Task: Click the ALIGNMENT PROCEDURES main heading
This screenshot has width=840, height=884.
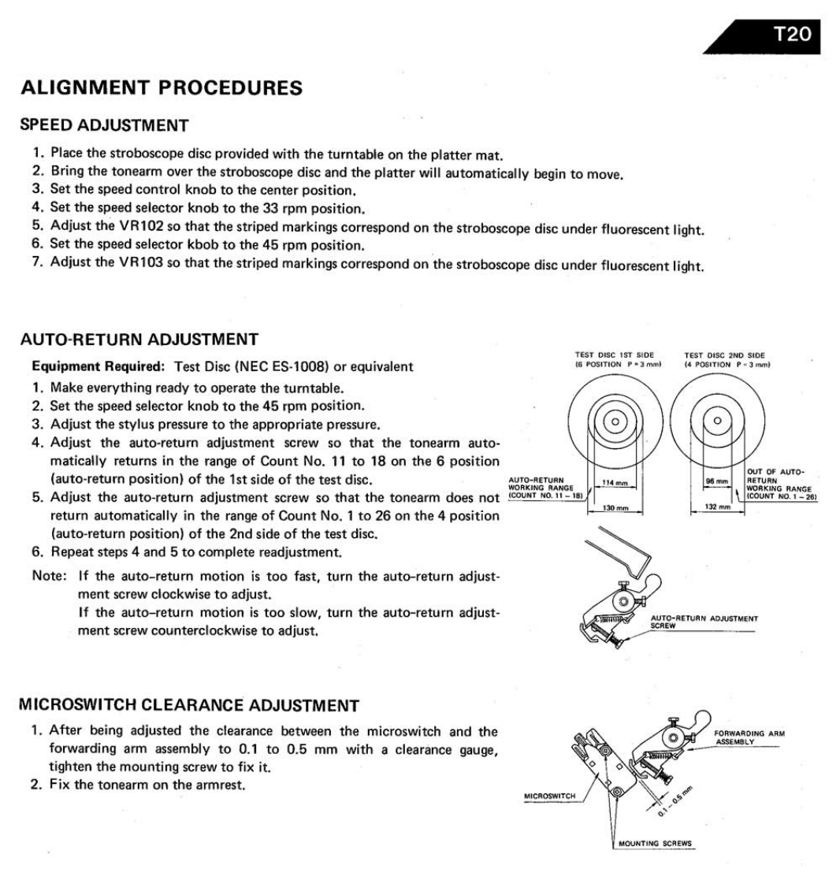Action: click(162, 88)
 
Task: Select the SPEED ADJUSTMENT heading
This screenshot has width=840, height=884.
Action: click(105, 125)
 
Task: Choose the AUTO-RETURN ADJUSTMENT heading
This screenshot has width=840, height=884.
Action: click(139, 340)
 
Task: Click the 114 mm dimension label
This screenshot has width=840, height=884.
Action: click(613, 482)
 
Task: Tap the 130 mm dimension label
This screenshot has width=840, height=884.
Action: click(613, 509)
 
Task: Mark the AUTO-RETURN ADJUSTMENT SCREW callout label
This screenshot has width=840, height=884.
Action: click(703, 622)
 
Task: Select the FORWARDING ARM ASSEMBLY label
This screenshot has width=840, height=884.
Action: click(748, 737)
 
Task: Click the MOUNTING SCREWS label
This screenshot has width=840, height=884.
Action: click(655, 843)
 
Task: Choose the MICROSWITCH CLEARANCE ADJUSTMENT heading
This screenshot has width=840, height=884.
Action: click(189, 705)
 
